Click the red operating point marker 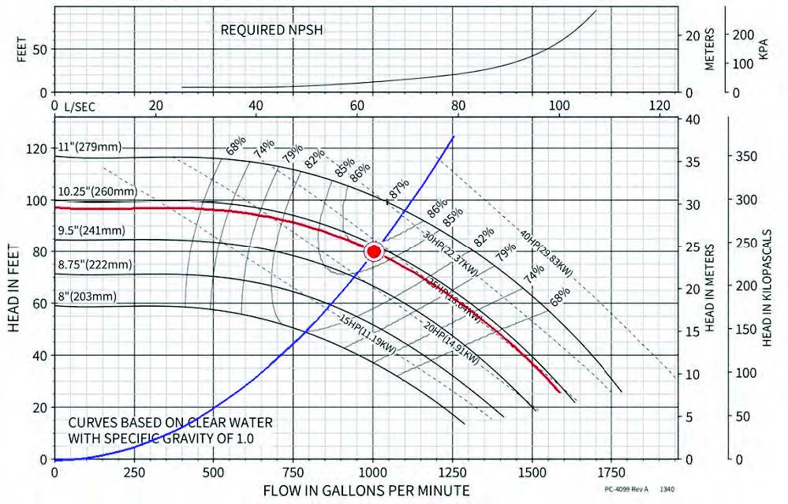pyautogui.click(x=374, y=252)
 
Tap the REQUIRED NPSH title pyautogui.click(x=272, y=31)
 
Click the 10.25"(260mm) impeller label pyautogui.click(x=97, y=192)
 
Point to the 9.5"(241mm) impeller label pyautogui.click(x=93, y=232)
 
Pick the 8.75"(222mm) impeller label pyautogui.click(x=95, y=264)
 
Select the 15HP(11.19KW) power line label pyautogui.click(x=368, y=335)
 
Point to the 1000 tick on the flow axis pyautogui.click(x=373, y=472)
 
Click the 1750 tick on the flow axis pyautogui.click(x=611, y=472)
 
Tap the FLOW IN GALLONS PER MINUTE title pyautogui.click(x=372, y=491)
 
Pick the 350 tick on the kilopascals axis pyautogui.click(x=747, y=156)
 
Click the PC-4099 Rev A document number pyautogui.click(x=626, y=490)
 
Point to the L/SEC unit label pyautogui.click(x=77, y=105)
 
